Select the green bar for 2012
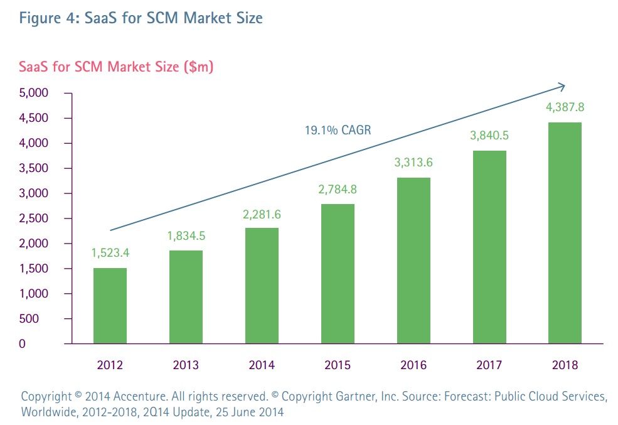110,306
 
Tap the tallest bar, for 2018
565,233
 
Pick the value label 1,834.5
186,237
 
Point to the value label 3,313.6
413,163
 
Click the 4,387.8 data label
565,107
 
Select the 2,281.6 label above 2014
261,215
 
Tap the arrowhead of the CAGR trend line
562,85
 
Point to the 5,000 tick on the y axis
35,93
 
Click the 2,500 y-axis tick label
35,218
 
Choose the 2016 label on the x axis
413,365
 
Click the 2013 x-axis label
186,365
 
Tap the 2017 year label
489,365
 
